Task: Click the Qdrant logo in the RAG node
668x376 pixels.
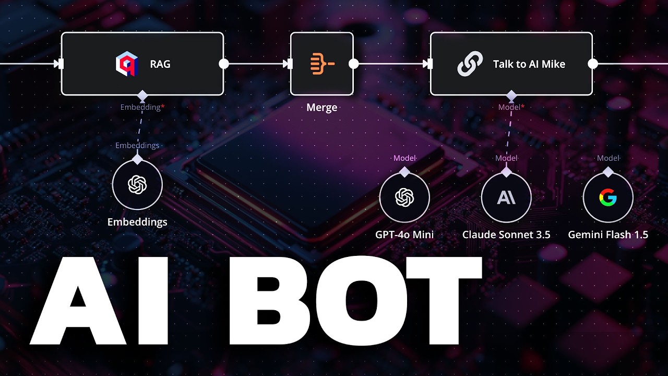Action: [x=125, y=64]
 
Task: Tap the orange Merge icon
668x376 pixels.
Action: [x=322, y=64]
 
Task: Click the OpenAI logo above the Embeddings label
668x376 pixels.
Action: [x=137, y=184]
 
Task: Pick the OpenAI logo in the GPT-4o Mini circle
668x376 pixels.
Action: [x=404, y=197]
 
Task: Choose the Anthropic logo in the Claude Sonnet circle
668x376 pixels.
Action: [x=506, y=197]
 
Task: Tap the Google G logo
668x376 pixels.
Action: [x=607, y=197]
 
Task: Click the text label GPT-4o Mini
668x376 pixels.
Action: [x=404, y=234]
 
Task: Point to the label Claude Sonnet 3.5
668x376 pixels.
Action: [x=506, y=234]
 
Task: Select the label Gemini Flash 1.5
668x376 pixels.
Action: [x=608, y=234]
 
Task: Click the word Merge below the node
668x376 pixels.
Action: [x=322, y=108]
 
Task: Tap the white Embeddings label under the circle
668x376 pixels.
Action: [x=137, y=222]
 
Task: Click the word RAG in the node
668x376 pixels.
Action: [x=160, y=64]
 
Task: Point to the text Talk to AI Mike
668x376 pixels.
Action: [x=529, y=64]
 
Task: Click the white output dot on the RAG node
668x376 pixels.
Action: [x=224, y=64]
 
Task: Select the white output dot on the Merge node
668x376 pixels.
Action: [x=353, y=64]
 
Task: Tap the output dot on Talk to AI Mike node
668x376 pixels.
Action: [x=593, y=64]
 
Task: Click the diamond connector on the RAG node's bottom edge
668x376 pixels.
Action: [x=142, y=96]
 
